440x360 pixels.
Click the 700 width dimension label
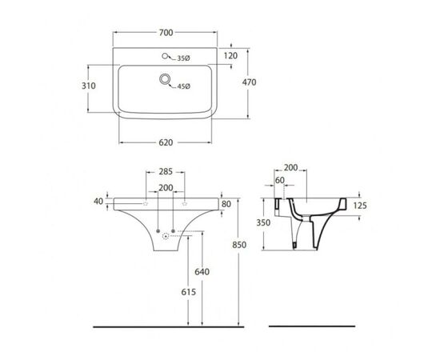[166, 33]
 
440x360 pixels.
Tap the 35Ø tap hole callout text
[183, 58]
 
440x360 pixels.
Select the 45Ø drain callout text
[184, 86]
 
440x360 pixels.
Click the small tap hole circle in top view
[165, 56]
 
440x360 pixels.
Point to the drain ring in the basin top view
[165, 79]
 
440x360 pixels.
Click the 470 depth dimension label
[249, 82]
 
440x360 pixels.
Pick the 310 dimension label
[89, 86]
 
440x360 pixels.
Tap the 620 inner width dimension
[166, 142]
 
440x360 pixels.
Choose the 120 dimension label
[230, 56]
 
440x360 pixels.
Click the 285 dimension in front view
[166, 171]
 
